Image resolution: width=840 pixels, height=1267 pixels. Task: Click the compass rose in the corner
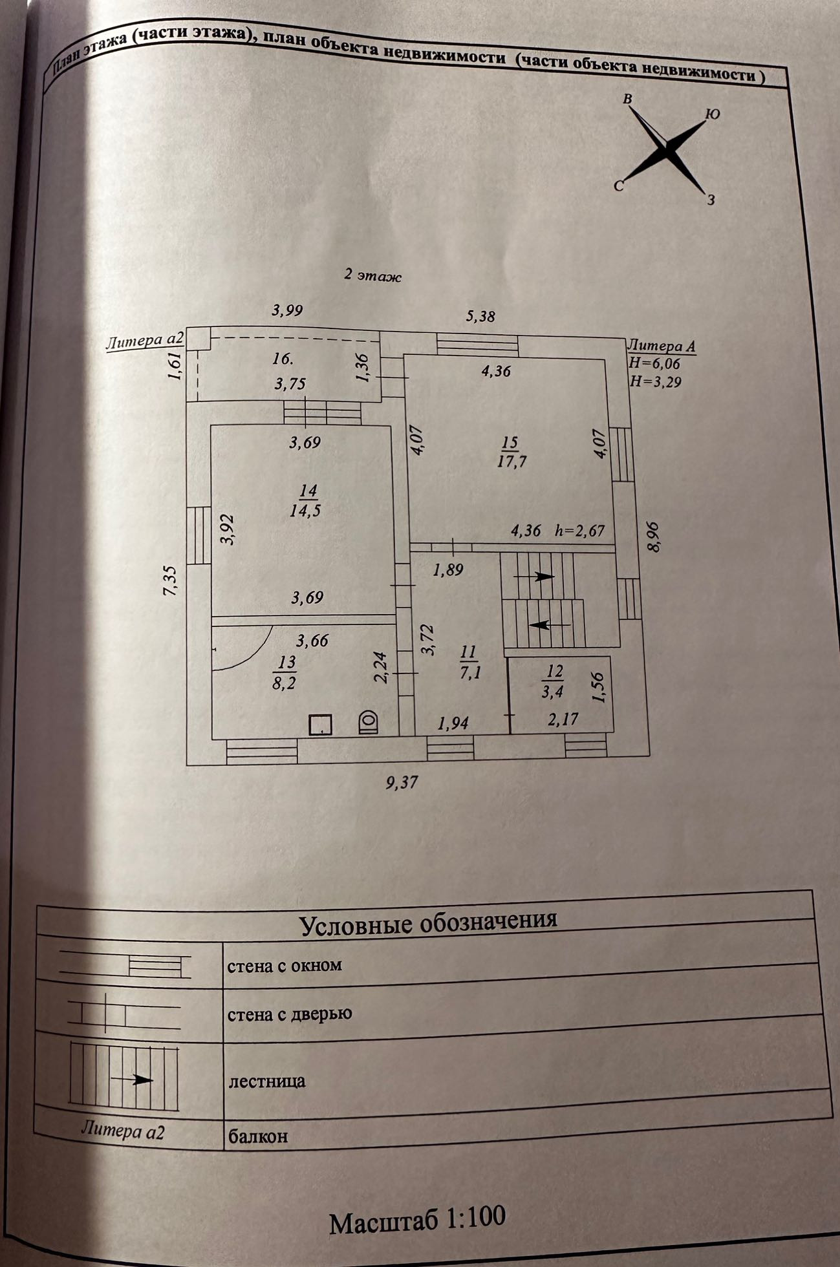click(x=666, y=149)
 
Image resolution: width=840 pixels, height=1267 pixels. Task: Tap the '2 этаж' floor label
click(x=372, y=276)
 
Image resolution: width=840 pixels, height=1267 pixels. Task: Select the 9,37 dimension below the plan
click(x=402, y=782)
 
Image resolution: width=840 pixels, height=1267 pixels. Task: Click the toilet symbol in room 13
click(x=368, y=722)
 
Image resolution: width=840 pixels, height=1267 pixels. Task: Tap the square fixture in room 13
click(x=320, y=724)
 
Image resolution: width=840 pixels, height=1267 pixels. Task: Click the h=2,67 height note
click(x=579, y=531)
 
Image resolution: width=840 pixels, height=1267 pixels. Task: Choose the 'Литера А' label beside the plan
click(x=662, y=346)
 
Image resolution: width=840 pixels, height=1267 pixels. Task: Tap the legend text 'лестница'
click(x=266, y=1080)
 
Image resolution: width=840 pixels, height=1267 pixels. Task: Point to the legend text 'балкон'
click(x=257, y=1136)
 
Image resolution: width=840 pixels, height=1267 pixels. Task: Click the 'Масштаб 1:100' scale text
click(x=417, y=1220)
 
